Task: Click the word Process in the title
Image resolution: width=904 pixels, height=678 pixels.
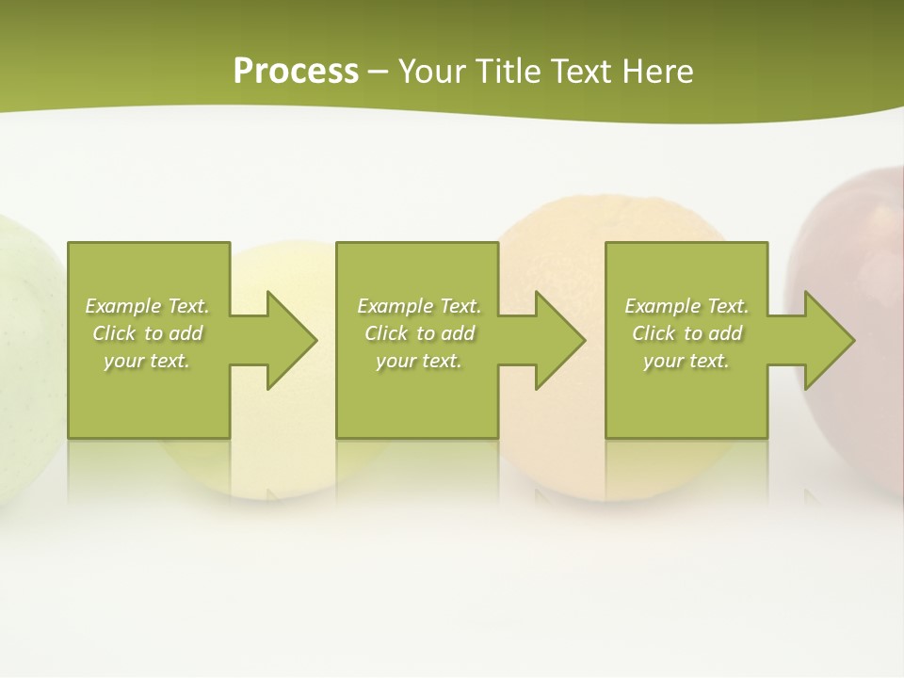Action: click(296, 72)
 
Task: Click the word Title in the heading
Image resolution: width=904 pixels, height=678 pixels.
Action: click(509, 72)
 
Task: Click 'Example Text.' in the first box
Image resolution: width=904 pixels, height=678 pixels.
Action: click(147, 306)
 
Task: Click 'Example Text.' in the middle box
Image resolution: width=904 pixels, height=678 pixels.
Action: click(419, 306)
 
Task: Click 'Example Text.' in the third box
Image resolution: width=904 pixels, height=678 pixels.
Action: click(686, 306)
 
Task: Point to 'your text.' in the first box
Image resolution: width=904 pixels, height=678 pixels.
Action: click(147, 361)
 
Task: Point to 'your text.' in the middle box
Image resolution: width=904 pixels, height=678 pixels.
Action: click(419, 361)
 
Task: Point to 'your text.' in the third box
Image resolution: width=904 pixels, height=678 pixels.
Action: click(686, 361)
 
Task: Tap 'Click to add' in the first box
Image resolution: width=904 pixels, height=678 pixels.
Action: click(147, 333)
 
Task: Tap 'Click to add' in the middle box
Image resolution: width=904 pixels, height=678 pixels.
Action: click(419, 333)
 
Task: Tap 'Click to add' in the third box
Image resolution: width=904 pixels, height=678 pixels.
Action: click(686, 333)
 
